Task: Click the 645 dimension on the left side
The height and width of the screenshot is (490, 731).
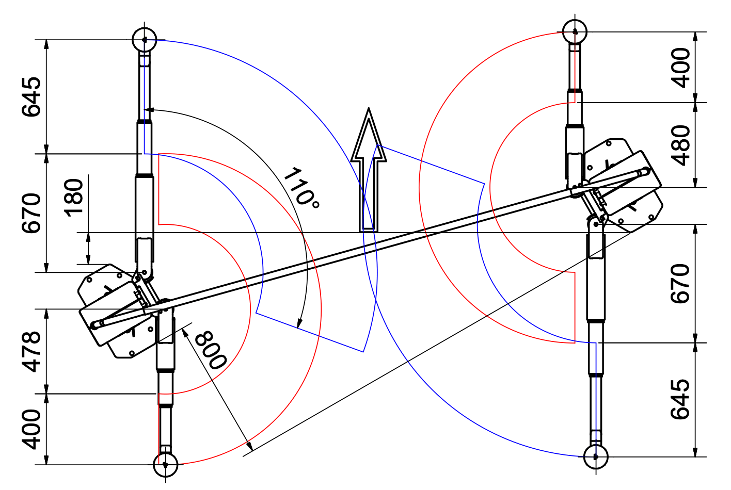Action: [31, 97]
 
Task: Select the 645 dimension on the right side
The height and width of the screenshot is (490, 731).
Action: [680, 399]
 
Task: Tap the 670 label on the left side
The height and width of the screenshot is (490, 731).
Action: [31, 213]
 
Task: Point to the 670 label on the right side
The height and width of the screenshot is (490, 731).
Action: [680, 284]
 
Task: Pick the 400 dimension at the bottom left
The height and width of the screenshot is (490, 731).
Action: [31, 430]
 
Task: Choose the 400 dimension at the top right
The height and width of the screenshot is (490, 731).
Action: [680, 68]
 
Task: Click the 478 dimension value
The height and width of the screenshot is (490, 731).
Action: [31, 352]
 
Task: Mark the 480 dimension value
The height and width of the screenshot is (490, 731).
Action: [680, 145]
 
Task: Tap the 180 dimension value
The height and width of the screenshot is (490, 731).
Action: [74, 198]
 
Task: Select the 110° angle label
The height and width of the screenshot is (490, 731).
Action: [301, 188]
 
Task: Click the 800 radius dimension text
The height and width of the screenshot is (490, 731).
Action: [211, 350]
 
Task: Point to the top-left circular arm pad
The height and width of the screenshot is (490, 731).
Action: [145, 40]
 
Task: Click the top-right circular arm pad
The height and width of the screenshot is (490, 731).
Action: [575, 31]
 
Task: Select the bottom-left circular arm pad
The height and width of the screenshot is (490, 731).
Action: [165, 465]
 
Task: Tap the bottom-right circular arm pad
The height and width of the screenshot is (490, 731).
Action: [596, 457]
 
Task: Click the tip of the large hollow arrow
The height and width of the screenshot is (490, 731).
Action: [369, 108]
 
